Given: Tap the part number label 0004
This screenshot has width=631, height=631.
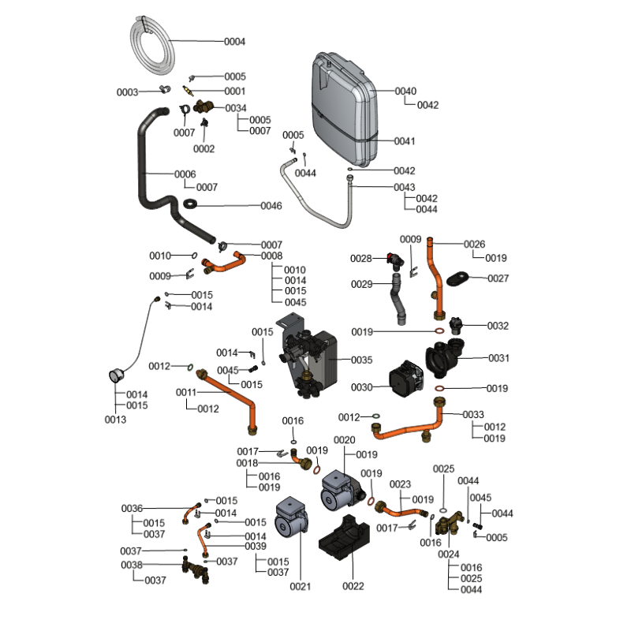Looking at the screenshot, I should click(235, 41).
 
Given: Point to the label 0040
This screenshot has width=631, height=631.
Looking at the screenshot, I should click(405, 91).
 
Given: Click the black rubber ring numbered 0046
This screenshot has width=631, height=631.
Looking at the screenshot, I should click(192, 206).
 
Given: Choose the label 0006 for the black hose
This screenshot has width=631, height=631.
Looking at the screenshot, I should click(185, 174).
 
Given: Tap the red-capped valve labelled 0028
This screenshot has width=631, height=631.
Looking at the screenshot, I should click(392, 259).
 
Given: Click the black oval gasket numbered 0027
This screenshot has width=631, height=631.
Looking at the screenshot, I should click(457, 278).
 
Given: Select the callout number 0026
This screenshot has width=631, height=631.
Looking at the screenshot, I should click(474, 244).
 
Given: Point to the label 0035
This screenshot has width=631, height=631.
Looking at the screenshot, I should click(361, 360).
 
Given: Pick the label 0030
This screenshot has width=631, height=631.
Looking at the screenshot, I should click(360, 387).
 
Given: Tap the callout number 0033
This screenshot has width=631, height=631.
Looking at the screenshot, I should click(473, 415).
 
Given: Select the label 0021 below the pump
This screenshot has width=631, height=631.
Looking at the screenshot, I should click(301, 586).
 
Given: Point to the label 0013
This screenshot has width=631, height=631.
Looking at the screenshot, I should click(115, 419).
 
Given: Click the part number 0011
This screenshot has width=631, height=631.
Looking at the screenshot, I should click(186, 392).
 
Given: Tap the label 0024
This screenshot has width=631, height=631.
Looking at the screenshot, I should click(448, 554).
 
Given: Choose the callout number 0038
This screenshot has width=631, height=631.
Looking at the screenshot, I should click(132, 565).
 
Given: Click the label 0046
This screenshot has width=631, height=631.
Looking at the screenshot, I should click(271, 206).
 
